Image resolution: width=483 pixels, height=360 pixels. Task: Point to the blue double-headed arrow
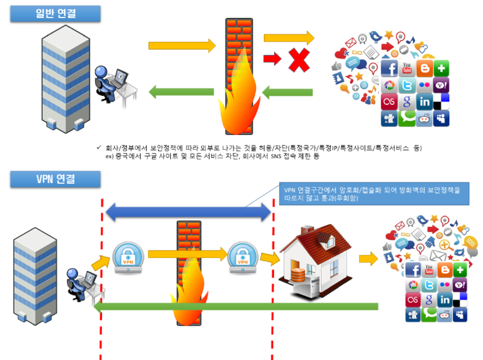189,211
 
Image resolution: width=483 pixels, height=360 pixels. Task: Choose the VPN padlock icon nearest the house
242,258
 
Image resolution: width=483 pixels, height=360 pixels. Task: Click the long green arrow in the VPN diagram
235,307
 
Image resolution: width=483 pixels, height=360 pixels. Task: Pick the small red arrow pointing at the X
273,59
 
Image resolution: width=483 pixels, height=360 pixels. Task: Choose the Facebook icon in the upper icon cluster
389,69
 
